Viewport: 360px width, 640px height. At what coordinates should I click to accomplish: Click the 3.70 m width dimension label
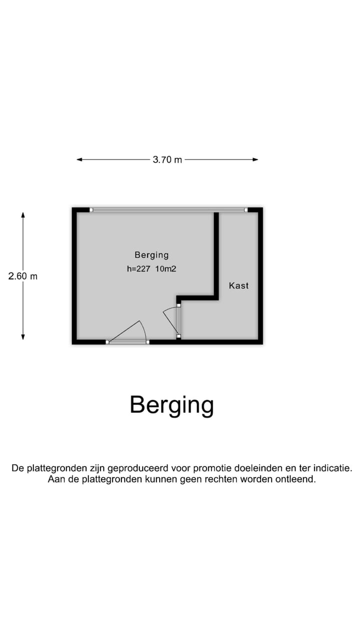tap(167, 159)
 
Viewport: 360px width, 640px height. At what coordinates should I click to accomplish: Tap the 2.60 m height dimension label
tap(23, 276)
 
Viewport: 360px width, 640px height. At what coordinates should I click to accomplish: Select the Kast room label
tap(238, 285)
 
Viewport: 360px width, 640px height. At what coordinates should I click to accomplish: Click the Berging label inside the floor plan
tap(151, 255)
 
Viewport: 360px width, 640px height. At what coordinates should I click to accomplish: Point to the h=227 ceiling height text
tap(138, 269)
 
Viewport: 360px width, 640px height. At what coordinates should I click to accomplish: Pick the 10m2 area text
tap(165, 269)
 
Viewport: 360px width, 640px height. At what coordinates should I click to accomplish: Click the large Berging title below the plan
tap(171, 405)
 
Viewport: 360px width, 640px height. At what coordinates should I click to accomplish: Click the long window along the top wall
tap(168, 209)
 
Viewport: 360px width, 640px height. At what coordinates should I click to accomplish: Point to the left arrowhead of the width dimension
tap(79, 159)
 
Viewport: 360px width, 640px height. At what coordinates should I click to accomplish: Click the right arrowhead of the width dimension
tap(255, 159)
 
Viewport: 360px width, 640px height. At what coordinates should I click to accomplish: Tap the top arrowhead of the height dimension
tap(23, 215)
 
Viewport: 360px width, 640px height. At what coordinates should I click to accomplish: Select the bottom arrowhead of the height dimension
tap(23, 337)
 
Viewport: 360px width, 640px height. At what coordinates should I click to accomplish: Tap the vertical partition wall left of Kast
tap(216, 254)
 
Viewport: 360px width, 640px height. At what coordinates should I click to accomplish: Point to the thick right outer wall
tap(260, 275)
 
